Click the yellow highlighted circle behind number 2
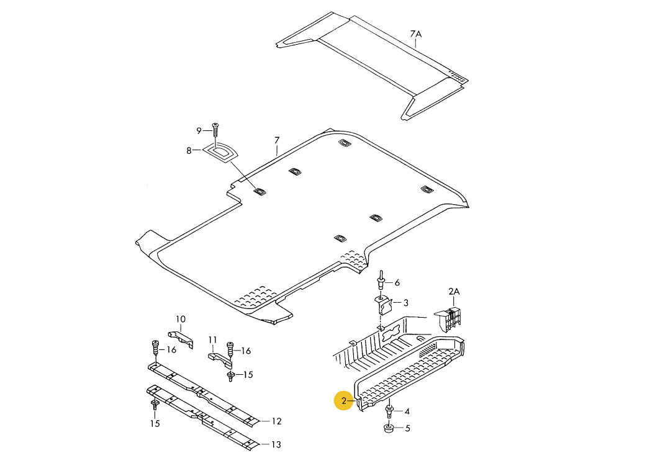point(344,401)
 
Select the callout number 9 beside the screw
point(199,130)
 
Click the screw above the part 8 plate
point(215,129)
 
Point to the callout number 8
point(189,150)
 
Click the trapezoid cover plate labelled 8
point(220,151)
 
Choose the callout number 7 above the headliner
point(277,140)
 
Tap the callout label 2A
point(454,291)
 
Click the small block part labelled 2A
point(451,318)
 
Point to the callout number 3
point(405,303)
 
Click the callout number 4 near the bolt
point(407,411)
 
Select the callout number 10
point(180,320)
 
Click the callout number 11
point(212,339)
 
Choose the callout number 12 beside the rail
point(276,421)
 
